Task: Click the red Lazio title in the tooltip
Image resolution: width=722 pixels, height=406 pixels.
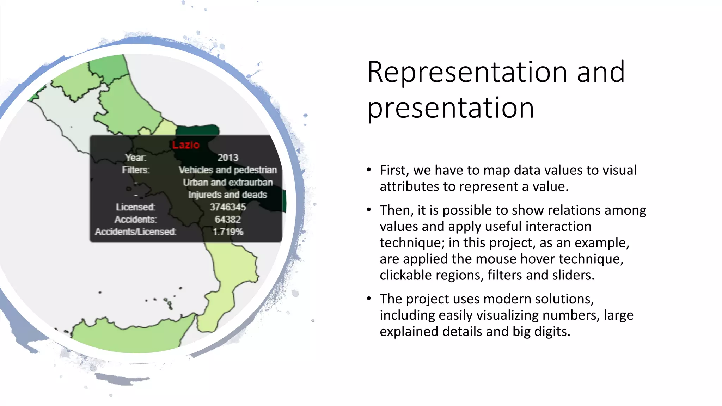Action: (186, 145)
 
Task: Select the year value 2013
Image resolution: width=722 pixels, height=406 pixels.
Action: (228, 158)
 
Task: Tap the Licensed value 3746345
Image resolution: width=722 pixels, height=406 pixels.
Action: (228, 207)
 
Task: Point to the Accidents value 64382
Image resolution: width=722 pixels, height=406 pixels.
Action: (228, 219)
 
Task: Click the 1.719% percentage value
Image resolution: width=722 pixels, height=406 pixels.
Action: (228, 232)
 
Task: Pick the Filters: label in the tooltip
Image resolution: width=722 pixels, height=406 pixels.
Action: (136, 170)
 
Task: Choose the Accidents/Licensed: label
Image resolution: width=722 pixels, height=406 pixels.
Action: (136, 232)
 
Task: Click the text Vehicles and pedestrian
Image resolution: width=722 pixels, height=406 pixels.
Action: (228, 170)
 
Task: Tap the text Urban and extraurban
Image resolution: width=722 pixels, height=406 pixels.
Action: (228, 182)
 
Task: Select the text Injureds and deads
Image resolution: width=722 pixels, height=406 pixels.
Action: (228, 195)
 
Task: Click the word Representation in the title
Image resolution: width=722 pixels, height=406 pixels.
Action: (467, 72)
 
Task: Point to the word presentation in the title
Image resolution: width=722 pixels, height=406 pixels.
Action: (451, 108)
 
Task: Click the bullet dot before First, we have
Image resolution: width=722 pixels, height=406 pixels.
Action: (369, 170)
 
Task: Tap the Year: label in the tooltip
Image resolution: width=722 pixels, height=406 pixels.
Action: (136, 158)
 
